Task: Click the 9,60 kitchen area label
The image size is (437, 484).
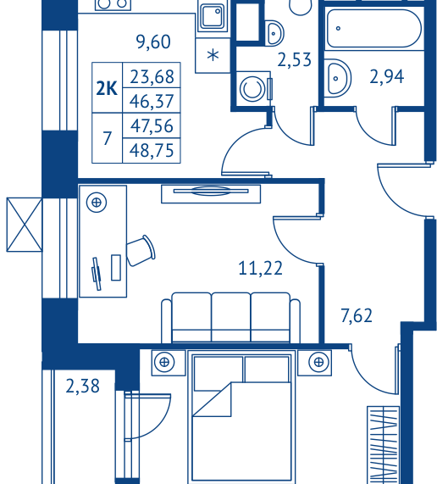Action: click(x=153, y=42)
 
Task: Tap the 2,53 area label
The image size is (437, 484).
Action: click(x=294, y=59)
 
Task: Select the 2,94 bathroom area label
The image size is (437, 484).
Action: click(x=387, y=76)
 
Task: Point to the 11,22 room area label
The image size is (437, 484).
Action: click(x=261, y=268)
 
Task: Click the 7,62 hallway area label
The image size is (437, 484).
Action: click(x=357, y=315)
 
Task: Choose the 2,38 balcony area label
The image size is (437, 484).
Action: click(x=83, y=386)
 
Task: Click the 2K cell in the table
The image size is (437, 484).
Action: click(x=107, y=88)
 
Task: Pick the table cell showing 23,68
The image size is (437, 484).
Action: click(x=152, y=75)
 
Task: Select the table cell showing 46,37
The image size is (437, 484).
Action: click(x=152, y=100)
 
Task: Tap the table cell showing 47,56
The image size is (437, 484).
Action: click(x=152, y=125)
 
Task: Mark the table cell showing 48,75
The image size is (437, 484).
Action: click(x=152, y=151)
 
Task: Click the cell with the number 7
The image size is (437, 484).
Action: click(x=107, y=138)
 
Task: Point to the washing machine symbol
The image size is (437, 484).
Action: click(x=253, y=89)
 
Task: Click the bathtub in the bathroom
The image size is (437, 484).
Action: click(x=373, y=29)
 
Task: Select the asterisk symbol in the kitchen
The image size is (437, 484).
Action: click(x=213, y=56)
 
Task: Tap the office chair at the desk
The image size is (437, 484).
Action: click(x=141, y=251)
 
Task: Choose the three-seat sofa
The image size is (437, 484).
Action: click(x=230, y=317)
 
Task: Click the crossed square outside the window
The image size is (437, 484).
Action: click(x=25, y=225)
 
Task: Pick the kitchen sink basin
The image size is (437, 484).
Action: click(x=213, y=17)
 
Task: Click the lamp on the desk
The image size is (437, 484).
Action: click(x=97, y=203)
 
